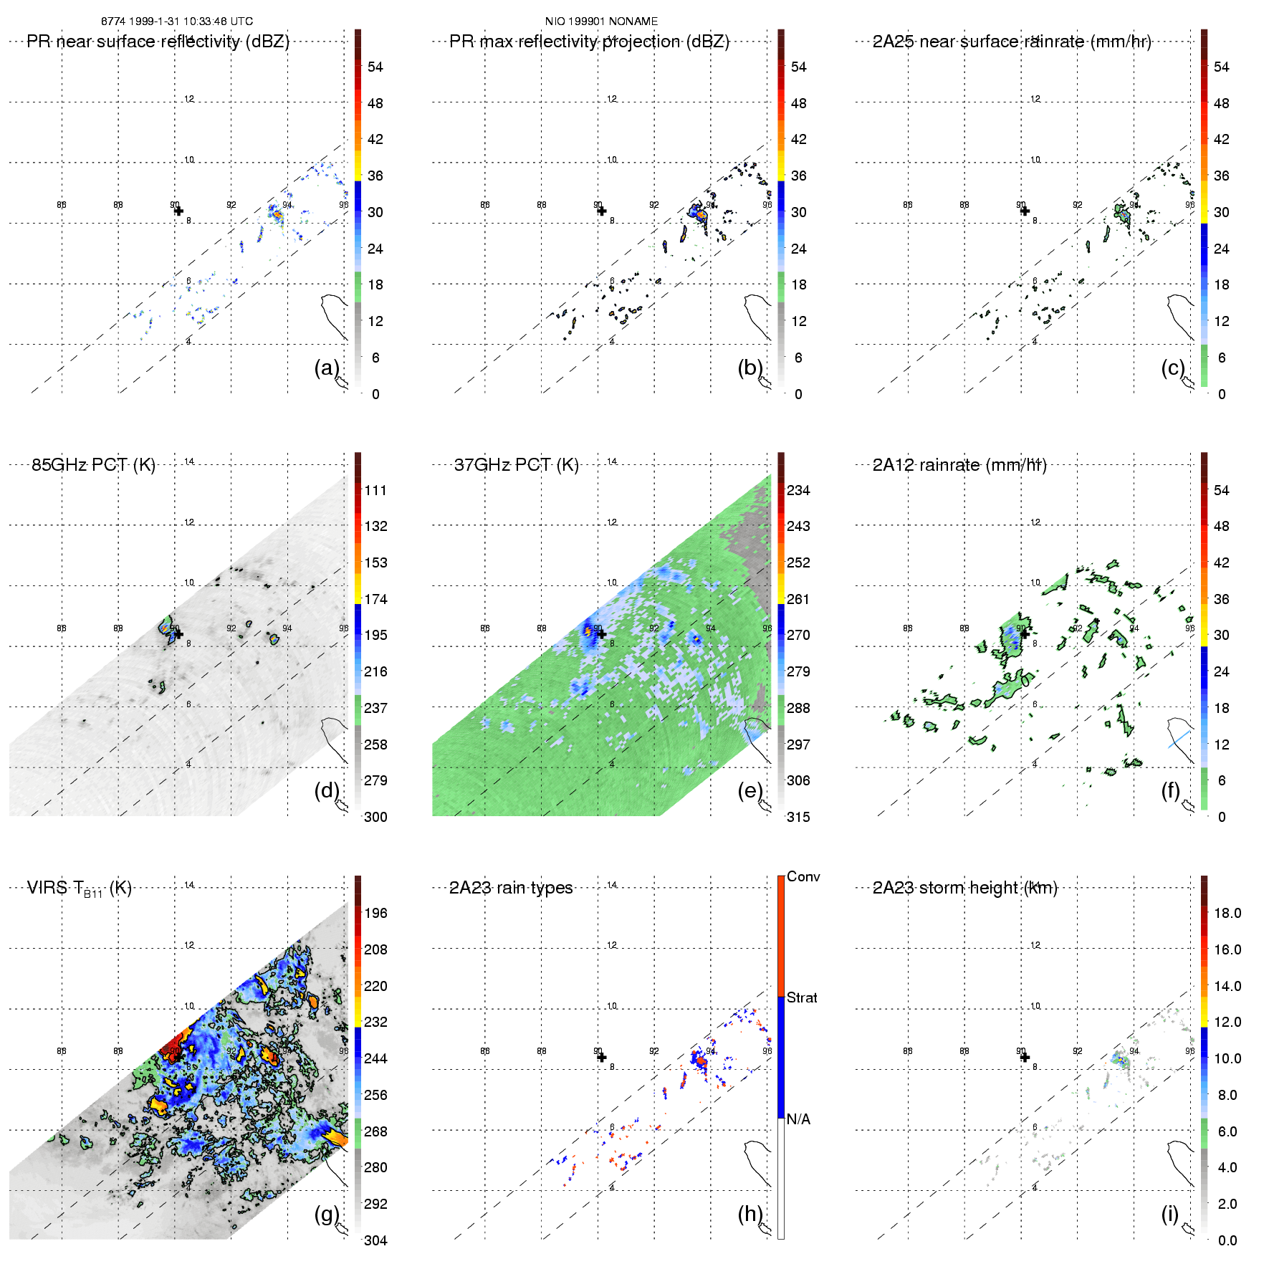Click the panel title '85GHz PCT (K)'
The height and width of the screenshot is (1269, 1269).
pos(93,465)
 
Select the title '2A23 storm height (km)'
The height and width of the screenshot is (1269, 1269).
pos(964,888)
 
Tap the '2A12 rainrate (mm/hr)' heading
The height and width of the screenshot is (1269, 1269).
pos(959,465)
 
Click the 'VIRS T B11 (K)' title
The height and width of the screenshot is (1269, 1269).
pos(79,889)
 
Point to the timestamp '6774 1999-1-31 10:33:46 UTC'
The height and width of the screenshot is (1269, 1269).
pos(177,21)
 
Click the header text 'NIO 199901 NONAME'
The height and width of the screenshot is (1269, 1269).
pos(601,21)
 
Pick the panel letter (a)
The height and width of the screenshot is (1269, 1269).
pos(327,368)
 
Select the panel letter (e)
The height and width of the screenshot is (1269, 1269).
pos(750,790)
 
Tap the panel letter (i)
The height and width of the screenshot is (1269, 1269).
pos(1169,1214)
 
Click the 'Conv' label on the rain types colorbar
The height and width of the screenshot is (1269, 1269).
pos(803,876)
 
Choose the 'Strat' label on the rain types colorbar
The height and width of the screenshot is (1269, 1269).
pos(802,997)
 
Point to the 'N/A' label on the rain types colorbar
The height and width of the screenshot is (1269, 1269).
pos(798,1119)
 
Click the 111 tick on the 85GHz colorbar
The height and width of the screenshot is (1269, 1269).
pos(375,490)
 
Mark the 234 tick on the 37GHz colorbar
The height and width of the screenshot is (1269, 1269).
pos(798,490)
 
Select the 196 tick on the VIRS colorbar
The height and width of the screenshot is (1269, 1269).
pos(375,913)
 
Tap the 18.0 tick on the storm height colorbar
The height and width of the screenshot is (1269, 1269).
pos(1227,913)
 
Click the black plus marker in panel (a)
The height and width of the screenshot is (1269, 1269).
pos(178,211)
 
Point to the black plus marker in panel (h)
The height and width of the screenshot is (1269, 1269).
pos(602,1058)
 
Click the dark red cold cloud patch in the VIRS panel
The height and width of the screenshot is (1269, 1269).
pos(172,1048)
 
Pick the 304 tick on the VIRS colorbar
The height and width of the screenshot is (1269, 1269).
pos(375,1240)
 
